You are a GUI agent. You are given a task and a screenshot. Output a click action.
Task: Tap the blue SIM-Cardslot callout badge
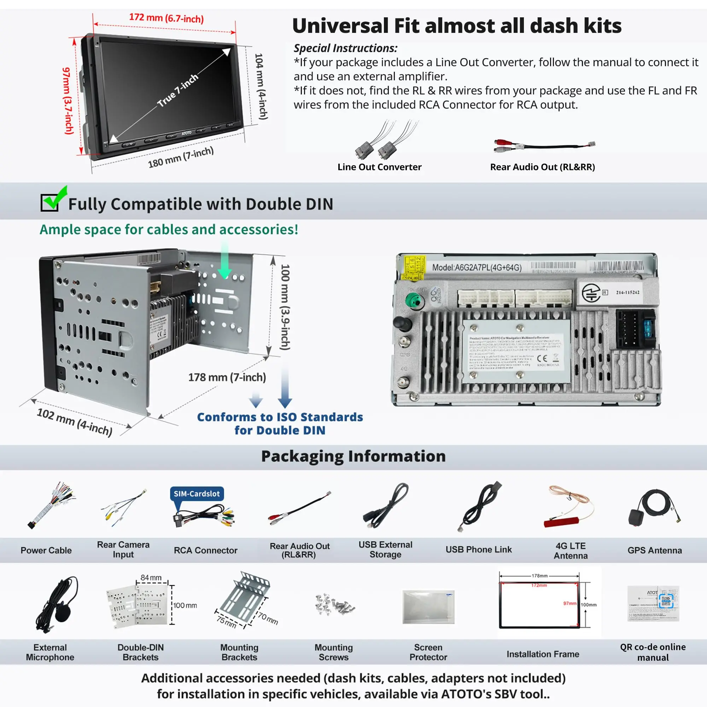(x=197, y=493)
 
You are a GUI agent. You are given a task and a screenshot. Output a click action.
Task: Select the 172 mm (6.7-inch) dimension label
(x=166, y=18)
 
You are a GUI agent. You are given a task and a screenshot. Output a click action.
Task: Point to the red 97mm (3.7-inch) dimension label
(x=68, y=101)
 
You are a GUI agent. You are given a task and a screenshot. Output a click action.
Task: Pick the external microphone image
(x=57, y=604)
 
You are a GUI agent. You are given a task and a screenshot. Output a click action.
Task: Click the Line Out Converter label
(x=379, y=167)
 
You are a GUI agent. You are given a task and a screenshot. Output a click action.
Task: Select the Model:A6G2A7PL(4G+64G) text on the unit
(x=477, y=268)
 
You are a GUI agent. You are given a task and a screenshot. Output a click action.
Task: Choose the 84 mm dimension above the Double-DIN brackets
(x=151, y=578)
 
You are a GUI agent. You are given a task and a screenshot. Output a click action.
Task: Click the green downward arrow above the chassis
(x=225, y=263)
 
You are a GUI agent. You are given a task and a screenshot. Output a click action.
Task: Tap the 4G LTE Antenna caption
(x=571, y=550)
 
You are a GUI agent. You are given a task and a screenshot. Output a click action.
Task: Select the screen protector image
(x=428, y=606)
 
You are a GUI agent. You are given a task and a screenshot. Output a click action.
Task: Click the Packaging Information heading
(x=353, y=456)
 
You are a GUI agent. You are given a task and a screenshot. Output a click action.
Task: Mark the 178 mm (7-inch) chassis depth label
(x=227, y=377)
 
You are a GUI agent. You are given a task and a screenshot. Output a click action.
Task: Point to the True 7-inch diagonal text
(x=178, y=90)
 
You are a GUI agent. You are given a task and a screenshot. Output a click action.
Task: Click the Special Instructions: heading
(x=345, y=48)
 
